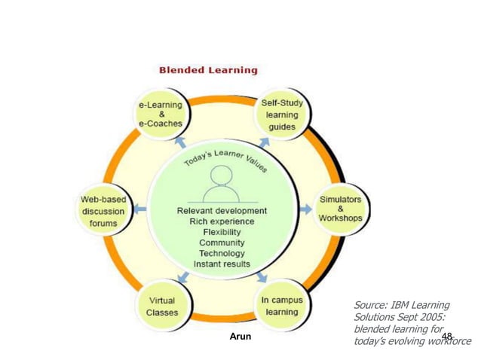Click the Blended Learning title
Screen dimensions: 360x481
208,70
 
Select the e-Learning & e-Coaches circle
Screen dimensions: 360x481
160,114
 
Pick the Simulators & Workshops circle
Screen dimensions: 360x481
340,209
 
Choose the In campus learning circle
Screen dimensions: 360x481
281,306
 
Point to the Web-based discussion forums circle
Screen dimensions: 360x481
103,210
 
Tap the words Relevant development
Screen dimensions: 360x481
222,211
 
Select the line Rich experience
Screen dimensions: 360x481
222,221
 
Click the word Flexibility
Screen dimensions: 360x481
222,232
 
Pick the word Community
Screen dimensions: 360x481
222,243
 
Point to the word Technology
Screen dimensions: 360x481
222,253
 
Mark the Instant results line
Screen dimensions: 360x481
222,264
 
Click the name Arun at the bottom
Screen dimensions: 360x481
240,337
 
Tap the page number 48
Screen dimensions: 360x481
447,335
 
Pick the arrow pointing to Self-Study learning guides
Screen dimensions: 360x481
264,141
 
